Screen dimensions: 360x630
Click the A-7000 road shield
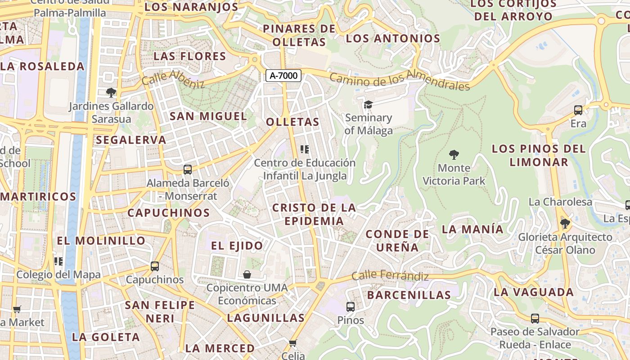(x=283, y=76)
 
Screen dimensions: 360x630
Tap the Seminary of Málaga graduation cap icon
(x=368, y=105)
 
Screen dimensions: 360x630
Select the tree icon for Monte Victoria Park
(x=454, y=155)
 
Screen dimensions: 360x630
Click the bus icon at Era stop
(x=578, y=110)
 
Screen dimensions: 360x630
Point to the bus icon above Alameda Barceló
(x=188, y=170)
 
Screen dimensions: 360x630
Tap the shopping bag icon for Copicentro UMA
(x=247, y=274)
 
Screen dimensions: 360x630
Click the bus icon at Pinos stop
(x=351, y=307)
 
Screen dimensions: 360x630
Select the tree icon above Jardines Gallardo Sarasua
(x=111, y=93)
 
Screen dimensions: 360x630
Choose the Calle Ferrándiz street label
(x=390, y=275)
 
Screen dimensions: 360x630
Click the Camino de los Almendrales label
(x=400, y=80)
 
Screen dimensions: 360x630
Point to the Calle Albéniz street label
(x=173, y=79)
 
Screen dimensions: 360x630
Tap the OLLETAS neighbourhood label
(x=292, y=122)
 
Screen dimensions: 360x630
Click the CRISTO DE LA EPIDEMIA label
(x=314, y=214)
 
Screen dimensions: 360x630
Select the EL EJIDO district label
(x=237, y=246)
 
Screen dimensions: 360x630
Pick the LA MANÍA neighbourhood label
(x=472, y=229)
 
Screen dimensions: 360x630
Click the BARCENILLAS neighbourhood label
(x=409, y=295)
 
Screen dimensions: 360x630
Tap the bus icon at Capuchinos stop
(x=155, y=266)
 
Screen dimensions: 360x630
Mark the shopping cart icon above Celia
(x=293, y=343)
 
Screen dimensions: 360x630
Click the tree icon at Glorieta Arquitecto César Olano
(x=565, y=224)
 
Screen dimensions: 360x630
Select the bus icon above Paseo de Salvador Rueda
(x=535, y=319)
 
